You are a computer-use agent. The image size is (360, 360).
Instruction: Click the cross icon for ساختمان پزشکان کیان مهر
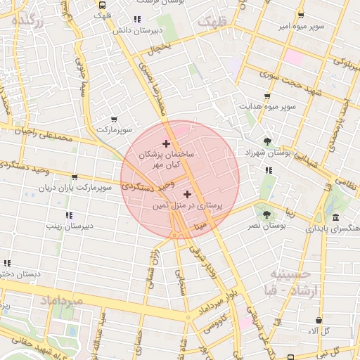166,143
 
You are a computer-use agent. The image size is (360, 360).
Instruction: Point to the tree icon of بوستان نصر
266,214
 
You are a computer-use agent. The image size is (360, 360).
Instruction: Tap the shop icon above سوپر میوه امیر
300,15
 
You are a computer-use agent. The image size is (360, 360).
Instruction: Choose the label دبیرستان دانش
159,31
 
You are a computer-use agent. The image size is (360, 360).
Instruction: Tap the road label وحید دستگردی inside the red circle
144,187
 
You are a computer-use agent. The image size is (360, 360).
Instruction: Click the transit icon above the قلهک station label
103,5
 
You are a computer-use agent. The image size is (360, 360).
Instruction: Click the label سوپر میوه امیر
300,27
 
